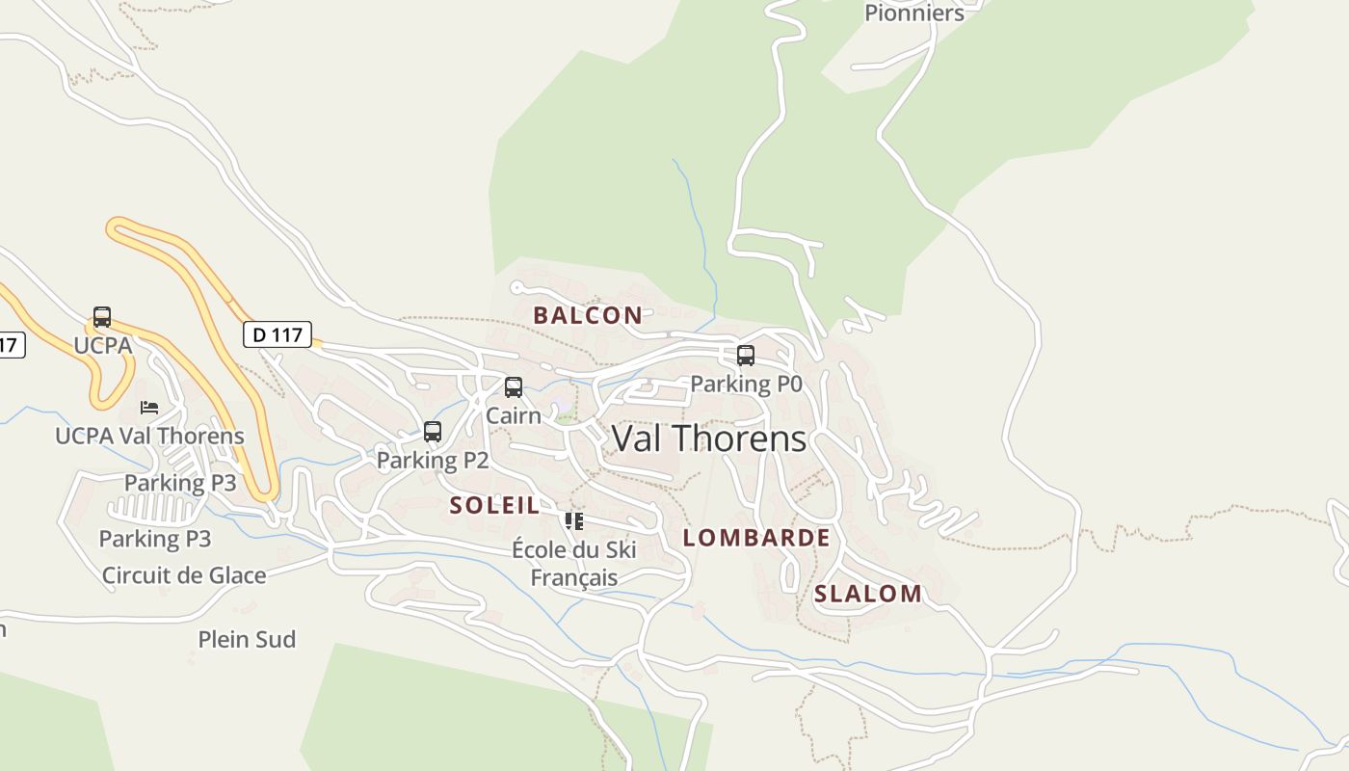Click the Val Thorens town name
click(x=709, y=439)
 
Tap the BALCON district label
click(x=588, y=315)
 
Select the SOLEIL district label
click(x=494, y=505)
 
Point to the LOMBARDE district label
click(x=756, y=538)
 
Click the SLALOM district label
click(x=868, y=594)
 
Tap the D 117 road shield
click(x=278, y=334)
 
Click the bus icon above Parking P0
click(x=745, y=356)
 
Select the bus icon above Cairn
click(x=514, y=387)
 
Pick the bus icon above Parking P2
click(x=433, y=432)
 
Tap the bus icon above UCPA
click(x=102, y=317)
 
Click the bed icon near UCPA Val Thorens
click(x=149, y=408)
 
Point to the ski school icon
click(x=574, y=521)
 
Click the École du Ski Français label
click(x=574, y=564)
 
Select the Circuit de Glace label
click(x=184, y=575)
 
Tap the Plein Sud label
click(x=247, y=639)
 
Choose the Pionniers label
click(x=913, y=13)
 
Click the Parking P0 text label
click(x=746, y=384)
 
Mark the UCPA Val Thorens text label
click(x=149, y=436)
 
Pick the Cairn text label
click(x=514, y=415)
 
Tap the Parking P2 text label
click(x=433, y=460)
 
